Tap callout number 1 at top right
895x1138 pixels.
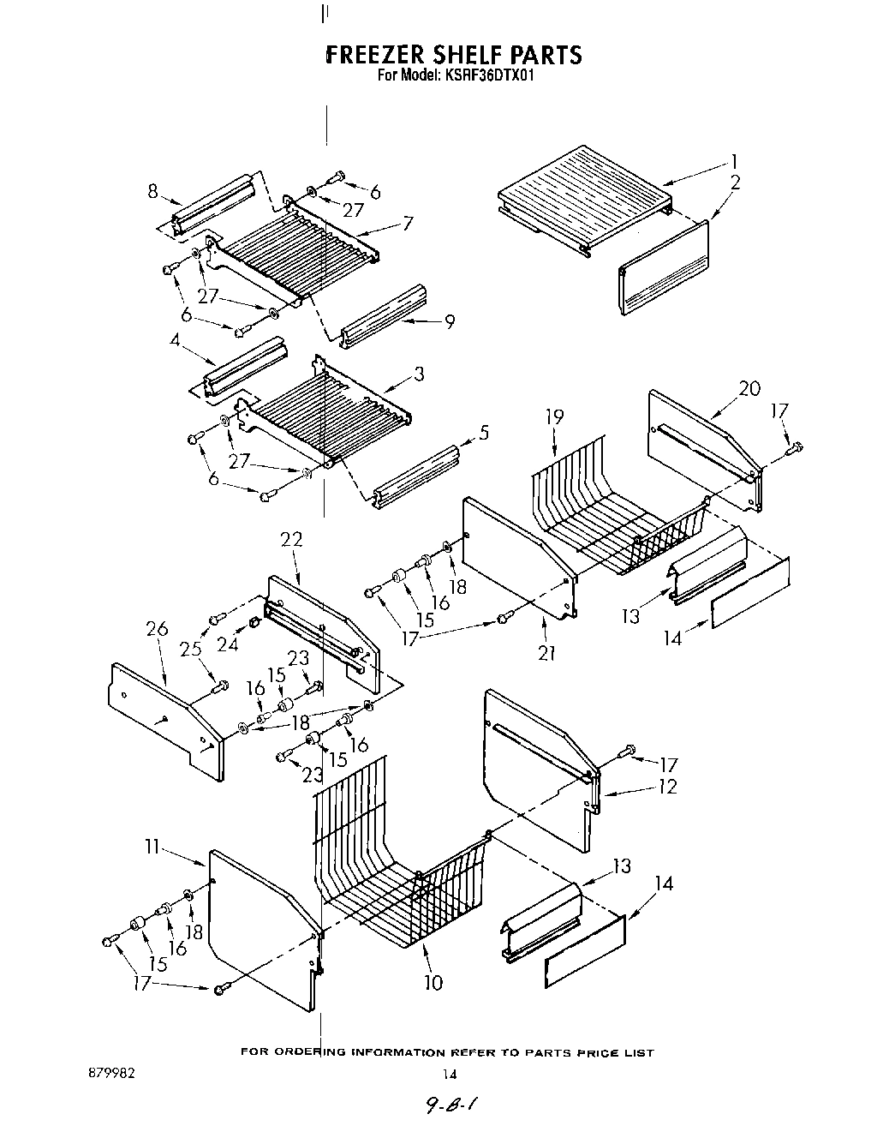(734, 161)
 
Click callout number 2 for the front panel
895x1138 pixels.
(736, 182)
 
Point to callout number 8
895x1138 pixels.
(152, 191)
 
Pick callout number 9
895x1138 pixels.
(449, 321)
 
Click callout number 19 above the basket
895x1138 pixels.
(554, 417)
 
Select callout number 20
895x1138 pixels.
(749, 388)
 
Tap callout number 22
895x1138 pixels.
(291, 539)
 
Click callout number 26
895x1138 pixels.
(157, 629)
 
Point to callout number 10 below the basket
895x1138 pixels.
(433, 982)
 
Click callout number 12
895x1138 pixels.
(667, 786)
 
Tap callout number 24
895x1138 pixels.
(227, 644)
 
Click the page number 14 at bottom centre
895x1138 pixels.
(449, 1075)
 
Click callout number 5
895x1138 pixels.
(484, 434)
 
